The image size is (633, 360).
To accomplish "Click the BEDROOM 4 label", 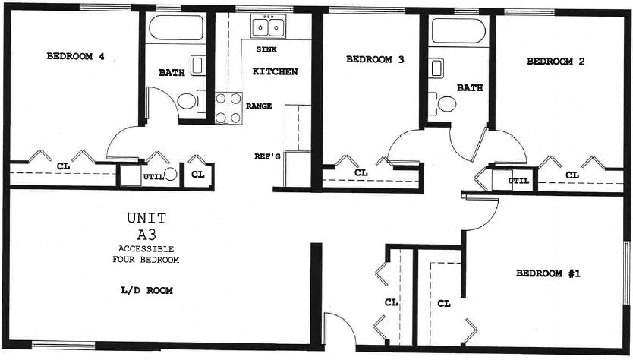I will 75,55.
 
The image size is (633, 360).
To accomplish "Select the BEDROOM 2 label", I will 555,62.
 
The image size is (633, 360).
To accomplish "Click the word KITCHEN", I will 274,72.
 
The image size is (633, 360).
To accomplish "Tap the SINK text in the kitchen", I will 266,49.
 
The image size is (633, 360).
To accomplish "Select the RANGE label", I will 259,106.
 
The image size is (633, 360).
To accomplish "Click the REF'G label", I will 267,156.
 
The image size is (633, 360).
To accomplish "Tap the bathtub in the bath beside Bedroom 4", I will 175,29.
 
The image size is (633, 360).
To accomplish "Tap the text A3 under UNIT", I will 146,234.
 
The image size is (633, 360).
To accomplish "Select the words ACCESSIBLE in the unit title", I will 146,249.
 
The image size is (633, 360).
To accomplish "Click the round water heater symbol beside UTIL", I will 171,174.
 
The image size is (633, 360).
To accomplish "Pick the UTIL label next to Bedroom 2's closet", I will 519,181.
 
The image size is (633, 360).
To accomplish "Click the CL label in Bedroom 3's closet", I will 361,172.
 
